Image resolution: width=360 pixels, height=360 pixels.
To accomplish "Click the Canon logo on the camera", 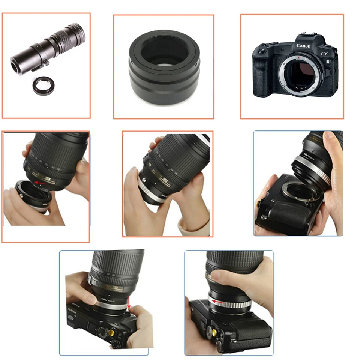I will [303, 46].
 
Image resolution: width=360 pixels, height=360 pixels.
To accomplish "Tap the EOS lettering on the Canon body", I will [324, 54].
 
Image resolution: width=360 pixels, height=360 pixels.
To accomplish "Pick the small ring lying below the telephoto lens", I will [43, 85].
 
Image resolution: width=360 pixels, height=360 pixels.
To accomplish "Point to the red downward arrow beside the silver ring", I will [129, 303].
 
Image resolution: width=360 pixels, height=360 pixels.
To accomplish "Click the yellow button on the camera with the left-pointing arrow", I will [214, 331].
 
